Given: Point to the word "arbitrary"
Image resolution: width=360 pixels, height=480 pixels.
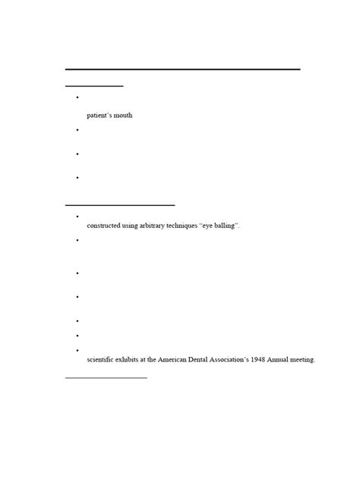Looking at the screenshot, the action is point(156,226).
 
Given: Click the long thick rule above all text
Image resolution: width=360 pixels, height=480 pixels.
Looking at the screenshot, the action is point(182,69).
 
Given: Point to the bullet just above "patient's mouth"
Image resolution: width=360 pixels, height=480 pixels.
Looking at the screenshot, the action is point(78,98).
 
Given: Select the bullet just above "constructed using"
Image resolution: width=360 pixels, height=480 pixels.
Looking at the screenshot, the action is point(78,216).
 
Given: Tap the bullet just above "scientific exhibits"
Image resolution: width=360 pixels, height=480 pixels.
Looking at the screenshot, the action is point(78,350).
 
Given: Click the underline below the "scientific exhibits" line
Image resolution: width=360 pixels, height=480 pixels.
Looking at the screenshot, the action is point(106,377).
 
